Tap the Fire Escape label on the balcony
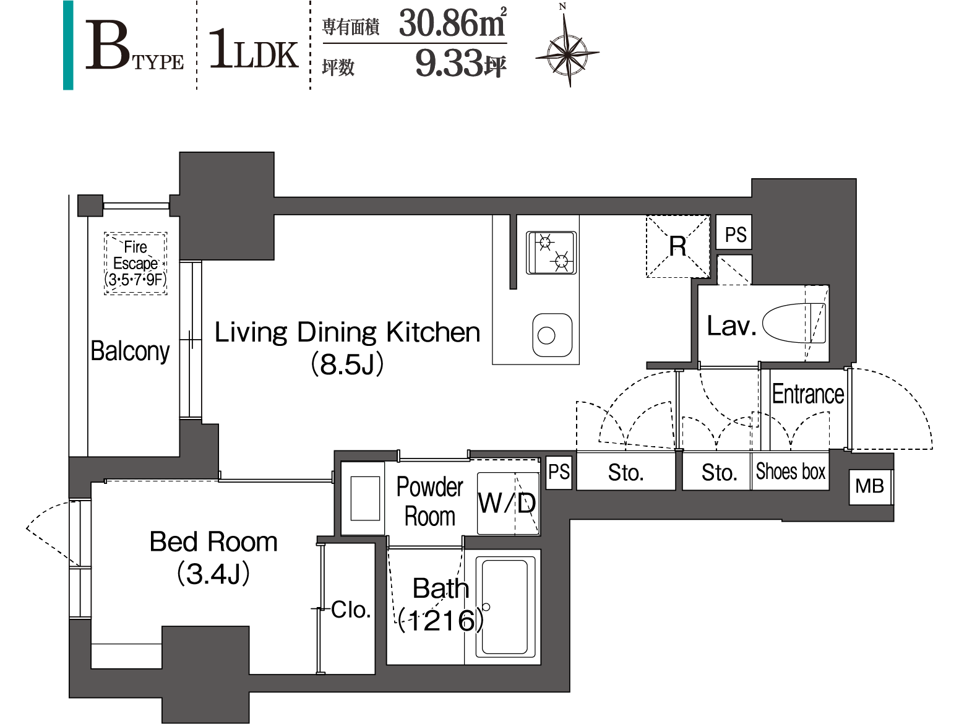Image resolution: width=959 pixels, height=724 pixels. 135,263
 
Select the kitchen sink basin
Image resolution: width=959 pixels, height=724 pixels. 553,335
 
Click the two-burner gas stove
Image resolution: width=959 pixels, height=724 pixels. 551,252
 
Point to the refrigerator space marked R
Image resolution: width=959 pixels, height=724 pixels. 677,246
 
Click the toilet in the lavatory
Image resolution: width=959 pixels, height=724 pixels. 794,323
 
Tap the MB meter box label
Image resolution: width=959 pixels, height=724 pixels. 870,486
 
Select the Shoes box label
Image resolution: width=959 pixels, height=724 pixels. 790,472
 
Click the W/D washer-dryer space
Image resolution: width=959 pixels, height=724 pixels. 508,503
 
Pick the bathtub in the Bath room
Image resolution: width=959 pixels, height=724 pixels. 505,607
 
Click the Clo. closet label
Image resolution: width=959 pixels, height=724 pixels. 351,610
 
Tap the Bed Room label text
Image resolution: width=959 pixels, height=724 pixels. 213,542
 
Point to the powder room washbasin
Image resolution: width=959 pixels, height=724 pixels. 365,498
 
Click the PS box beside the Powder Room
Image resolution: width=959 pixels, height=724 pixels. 559,472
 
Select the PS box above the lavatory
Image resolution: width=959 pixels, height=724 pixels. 735,234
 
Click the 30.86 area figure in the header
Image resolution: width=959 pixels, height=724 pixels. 453,23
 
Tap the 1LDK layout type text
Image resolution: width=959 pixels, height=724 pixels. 254,50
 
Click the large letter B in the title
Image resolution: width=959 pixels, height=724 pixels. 108,45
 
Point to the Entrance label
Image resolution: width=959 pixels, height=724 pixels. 808,394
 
